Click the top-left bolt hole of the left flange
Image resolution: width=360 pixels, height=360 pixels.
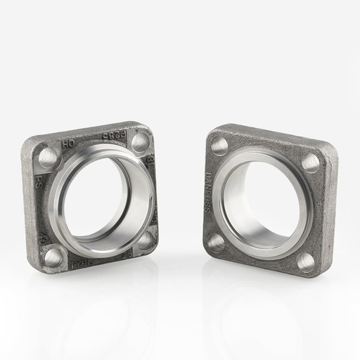48,156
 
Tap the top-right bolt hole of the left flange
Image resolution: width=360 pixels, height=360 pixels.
140,142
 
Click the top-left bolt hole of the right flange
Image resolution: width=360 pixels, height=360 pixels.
219,146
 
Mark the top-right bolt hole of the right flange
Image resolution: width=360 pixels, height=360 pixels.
310,162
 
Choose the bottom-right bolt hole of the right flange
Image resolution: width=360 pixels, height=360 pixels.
305,262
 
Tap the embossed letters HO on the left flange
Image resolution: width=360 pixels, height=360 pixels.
68,143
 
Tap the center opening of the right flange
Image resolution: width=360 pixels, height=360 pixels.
263,203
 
